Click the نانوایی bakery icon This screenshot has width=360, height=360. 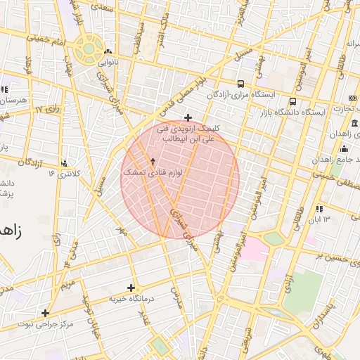pyautogui.click(x=107, y=52)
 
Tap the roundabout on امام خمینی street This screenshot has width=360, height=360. pyautogui.click(x=89, y=49)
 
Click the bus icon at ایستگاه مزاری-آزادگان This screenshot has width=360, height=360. pyautogui.click(x=241, y=83)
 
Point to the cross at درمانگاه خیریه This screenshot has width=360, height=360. pyautogui.click(x=131, y=287)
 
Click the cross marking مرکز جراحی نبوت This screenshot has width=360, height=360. pyautogui.click(x=46, y=313)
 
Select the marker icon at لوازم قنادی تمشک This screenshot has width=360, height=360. pyautogui.click(x=153, y=162)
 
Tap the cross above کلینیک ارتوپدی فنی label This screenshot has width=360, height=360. pyautogui.click(x=187, y=117)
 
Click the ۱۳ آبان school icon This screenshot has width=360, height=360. pyautogui.click(x=319, y=209)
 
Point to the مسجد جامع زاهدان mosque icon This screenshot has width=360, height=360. pyautogui.click(x=344, y=148)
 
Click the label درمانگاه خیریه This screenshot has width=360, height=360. pyautogui.click(x=131, y=299)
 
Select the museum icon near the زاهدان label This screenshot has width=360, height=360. pyautogui.click(x=353, y=124)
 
